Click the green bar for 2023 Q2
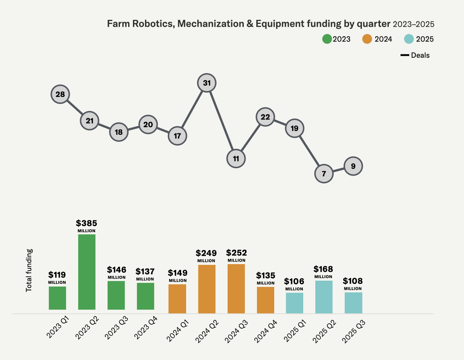point(87,272)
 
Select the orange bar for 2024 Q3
point(236,288)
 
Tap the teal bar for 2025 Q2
point(324,297)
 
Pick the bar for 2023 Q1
point(57,298)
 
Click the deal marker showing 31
point(207,83)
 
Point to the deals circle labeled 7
point(324,174)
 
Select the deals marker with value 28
point(60,94)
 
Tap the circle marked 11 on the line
point(236,159)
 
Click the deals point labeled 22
point(265,117)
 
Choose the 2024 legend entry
point(377,39)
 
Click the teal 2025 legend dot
point(409,39)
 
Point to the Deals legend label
point(420,55)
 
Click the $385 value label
point(87,223)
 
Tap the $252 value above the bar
point(236,253)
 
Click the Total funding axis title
point(29,270)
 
